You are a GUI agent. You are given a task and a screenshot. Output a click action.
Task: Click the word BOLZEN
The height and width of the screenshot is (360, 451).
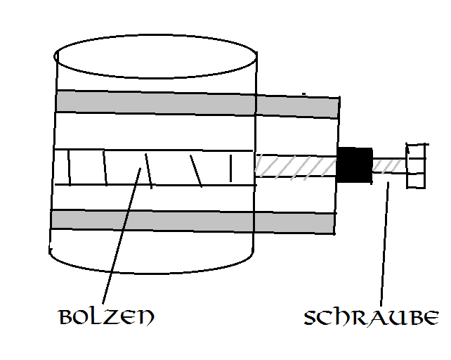click(x=106, y=317)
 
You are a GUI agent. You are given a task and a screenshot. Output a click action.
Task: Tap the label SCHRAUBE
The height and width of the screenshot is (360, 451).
click(x=372, y=318)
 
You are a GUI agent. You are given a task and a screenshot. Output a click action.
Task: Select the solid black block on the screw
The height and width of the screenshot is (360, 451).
click(x=354, y=165)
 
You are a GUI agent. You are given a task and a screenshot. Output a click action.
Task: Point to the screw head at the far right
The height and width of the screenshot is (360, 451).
click(x=416, y=166)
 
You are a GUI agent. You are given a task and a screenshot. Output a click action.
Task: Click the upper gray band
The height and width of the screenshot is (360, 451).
click(x=197, y=104)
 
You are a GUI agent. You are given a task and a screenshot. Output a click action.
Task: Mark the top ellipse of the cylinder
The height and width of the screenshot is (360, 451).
click(x=155, y=56)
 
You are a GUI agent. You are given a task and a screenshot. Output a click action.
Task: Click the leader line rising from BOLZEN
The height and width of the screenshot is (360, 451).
click(x=122, y=236)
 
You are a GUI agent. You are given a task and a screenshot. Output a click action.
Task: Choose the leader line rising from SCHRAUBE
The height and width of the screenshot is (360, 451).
click(x=384, y=244)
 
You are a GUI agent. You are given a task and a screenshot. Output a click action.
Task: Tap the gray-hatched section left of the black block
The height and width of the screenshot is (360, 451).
click(x=296, y=166)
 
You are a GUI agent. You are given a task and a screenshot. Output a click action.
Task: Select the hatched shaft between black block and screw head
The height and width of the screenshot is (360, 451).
click(x=389, y=166)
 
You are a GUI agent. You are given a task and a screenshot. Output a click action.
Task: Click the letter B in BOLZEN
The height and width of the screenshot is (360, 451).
click(x=65, y=317)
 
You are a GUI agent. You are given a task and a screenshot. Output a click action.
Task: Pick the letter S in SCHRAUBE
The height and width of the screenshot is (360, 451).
click(x=311, y=318)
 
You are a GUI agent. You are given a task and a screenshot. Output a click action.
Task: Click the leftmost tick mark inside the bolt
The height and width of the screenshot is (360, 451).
click(x=69, y=167)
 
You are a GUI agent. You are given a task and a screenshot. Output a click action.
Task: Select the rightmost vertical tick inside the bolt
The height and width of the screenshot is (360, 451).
click(x=230, y=168)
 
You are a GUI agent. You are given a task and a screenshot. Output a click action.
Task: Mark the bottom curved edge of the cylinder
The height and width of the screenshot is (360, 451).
click(x=152, y=264)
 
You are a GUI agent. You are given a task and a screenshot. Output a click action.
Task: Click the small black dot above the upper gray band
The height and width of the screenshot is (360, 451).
click(x=303, y=94)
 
